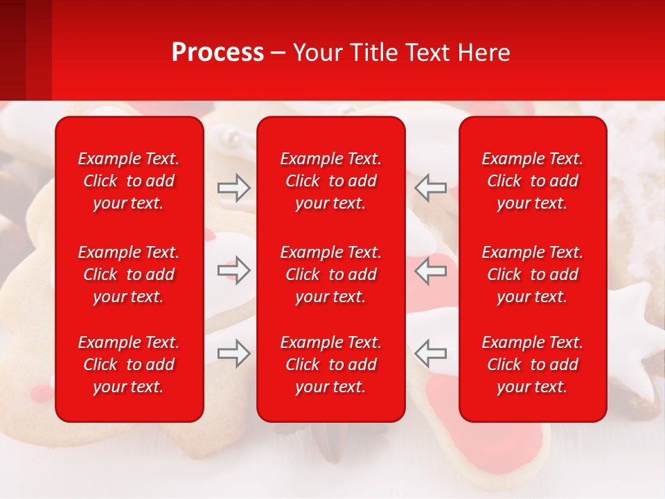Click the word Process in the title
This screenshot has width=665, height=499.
tap(218, 53)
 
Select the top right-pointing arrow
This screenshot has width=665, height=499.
tap(233, 187)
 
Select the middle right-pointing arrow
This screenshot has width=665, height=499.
tap(233, 270)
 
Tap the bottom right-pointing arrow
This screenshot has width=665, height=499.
tap(233, 353)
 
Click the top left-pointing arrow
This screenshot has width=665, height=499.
tap(430, 187)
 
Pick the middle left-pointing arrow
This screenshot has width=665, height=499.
tap(430, 270)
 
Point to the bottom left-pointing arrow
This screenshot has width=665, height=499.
tap(430, 353)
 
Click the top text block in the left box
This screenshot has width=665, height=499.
tap(129, 181)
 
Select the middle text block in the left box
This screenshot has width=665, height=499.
tap(129, 274)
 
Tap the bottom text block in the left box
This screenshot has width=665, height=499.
tap(129, 365)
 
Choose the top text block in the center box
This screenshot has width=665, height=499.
tap(330, 181)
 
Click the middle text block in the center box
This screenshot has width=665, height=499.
tap(330, 274)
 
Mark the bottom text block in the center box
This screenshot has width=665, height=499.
tap(330, 365)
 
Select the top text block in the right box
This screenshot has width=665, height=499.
tap(532, 181)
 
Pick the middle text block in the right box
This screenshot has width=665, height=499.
tap(532, 274)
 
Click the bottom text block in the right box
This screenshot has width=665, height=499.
tap(532, 365)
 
